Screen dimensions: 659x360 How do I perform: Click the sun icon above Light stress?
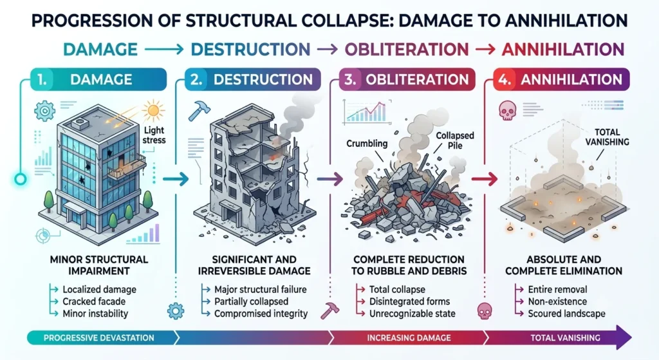(x=153, y=111)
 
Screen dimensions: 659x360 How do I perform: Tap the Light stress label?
(x=154, y=135)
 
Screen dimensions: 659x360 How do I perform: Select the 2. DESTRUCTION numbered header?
(x=253, y=79)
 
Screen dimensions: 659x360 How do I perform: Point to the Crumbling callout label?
(x=367, y=144)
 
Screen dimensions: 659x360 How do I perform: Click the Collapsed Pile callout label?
(x=455, y=140)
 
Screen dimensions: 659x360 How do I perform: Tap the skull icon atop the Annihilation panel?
(x=507, y=111)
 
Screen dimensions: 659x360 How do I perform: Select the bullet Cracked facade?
(x=94, y=301)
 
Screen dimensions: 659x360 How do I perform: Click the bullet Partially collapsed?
(x=252, y=301)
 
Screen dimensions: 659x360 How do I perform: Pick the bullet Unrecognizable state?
(x=413, y=314)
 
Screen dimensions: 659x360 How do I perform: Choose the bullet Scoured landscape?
(x=566, y=314)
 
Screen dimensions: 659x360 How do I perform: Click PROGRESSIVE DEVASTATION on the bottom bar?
(x=98, y=337)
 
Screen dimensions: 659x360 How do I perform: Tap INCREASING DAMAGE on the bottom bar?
(x=409, y=337)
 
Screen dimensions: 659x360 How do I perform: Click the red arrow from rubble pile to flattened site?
(x=485, y=179)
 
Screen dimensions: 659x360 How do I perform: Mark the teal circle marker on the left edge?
(x=20, y=180)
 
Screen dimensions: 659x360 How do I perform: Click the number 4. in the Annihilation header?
(x=505, y=79)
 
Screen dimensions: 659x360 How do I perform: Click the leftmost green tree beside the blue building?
(x=48, y=200)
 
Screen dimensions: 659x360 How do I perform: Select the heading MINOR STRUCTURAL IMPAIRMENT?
(x=99, y=265)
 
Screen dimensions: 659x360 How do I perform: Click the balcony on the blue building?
(x=127, y=167)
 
